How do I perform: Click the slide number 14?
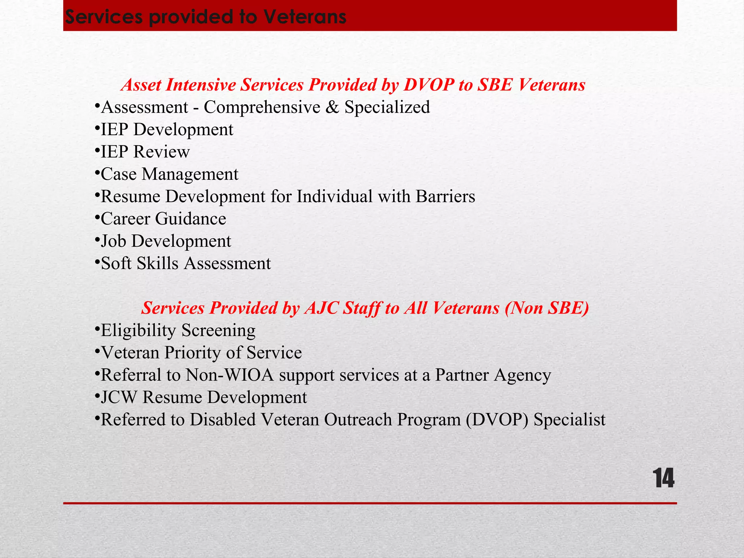(x=663, y=478)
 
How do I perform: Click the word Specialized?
(x=387, y=107)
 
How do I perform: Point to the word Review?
(x=162, y=152)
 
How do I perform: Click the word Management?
(x=190, y=174)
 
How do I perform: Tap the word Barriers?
(x=445, y=197)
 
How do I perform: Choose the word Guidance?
(x=191, y=219)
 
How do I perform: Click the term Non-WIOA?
(x=230, y=375)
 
